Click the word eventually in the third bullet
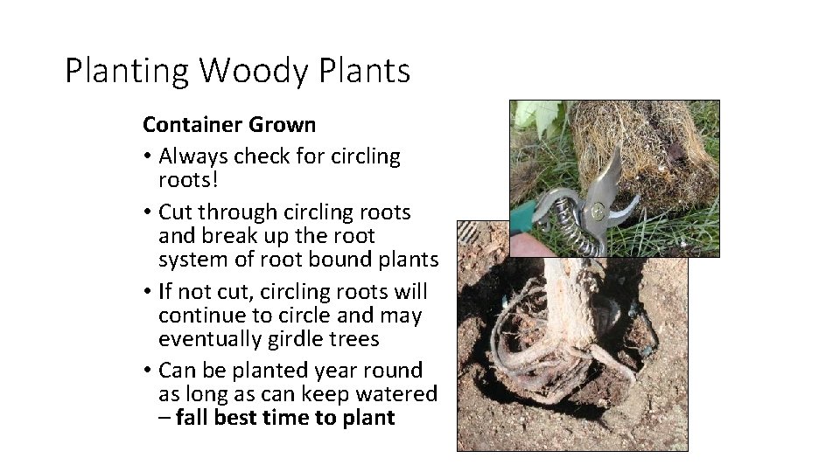(x=208, y=339)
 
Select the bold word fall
(x=192, y=418)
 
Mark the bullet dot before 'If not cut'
(x=148, y=292)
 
